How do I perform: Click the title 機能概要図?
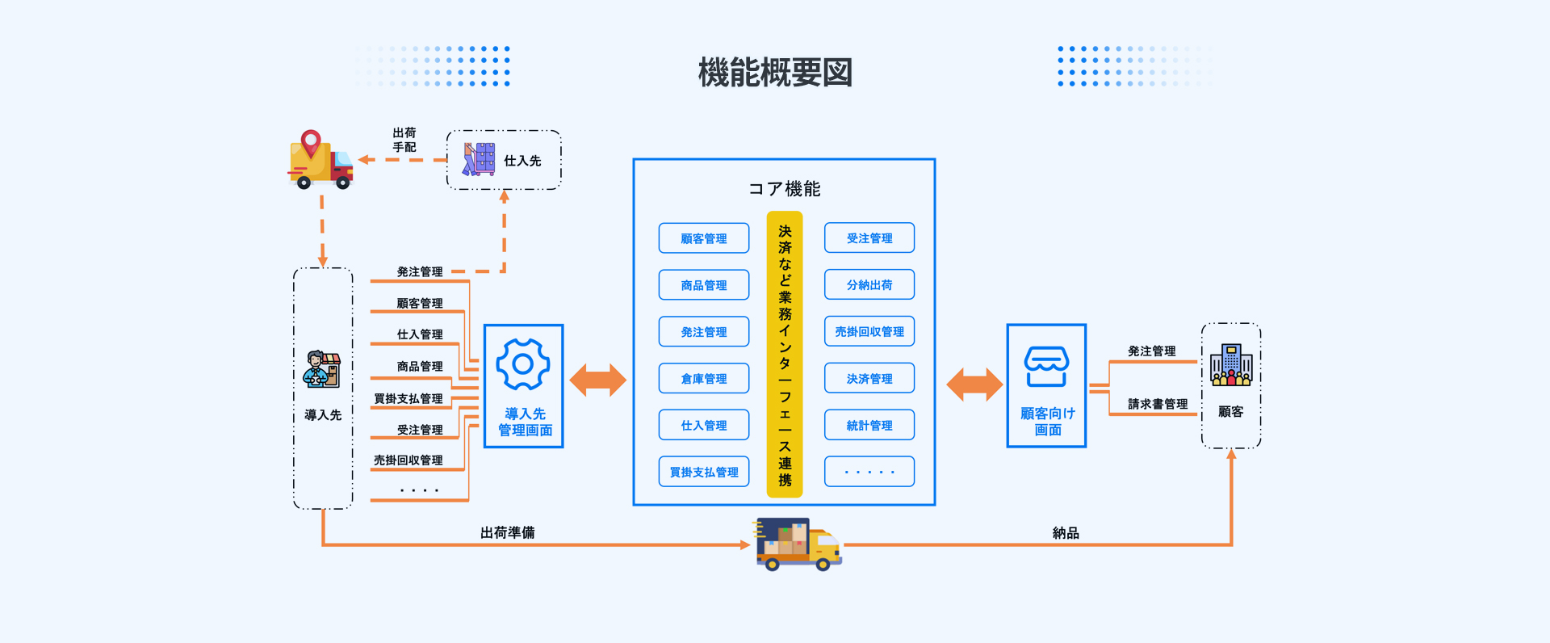(x=775, y=73)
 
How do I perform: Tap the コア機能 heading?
(x=784, y=189)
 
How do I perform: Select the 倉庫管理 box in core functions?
(x=704, y=378)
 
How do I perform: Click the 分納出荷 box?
(x=869, y=284)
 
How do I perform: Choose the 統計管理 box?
(x=869, y=425)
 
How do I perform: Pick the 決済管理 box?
(x=869, y=378)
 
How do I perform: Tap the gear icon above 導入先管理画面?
(x=523, y=364)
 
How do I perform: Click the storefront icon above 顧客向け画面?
(x=1046, y=367)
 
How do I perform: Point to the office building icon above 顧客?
(x=1231, y=364)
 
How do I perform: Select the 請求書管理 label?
(x=1158, y=404)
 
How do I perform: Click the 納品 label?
(x=1066, y=533)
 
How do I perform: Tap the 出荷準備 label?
(x=507, y=533)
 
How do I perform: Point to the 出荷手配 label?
(x=404, y=140)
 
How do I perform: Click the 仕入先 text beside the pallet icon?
(x=522, y=161)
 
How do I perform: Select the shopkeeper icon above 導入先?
(x=322, y=369)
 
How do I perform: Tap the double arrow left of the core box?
(x=598, y=380)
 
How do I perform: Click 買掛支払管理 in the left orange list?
(x=408, y=398)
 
